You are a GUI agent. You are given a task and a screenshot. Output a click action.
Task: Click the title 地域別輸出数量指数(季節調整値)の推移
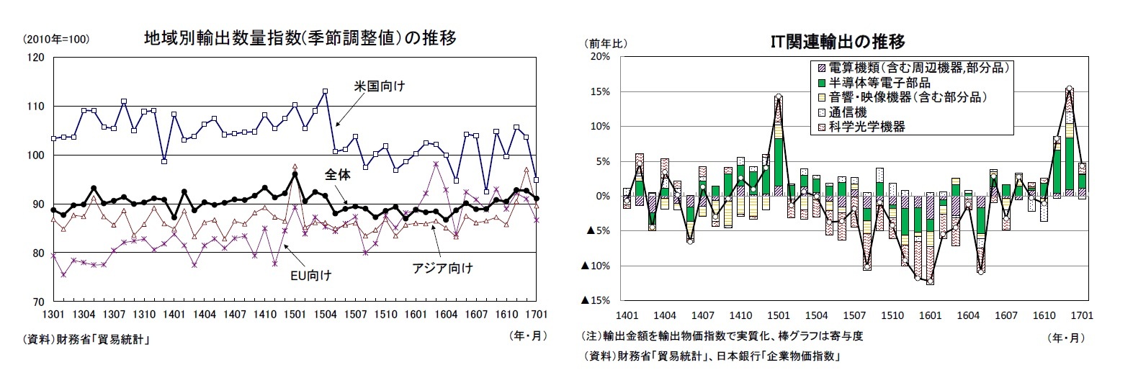pos(300,37)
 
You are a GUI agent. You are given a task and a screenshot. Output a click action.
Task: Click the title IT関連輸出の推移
pos(838,42)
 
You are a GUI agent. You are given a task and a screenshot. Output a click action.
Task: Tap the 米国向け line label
pos(379,86)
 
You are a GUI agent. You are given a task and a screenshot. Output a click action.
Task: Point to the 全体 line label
pos(336,174)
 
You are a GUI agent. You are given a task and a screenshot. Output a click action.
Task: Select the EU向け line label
pos(311,274)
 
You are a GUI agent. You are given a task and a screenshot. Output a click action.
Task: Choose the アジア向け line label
pos(442,269)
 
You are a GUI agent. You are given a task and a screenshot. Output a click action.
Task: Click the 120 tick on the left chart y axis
pos(35,57)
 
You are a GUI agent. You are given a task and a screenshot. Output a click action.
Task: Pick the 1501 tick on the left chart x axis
pos(295,315)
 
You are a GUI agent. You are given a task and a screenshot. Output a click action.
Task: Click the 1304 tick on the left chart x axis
pos(84,315)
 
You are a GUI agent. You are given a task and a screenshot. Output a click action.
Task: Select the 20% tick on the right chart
pos(600,56)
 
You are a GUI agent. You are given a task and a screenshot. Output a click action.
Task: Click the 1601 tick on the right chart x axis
pos(930,315)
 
